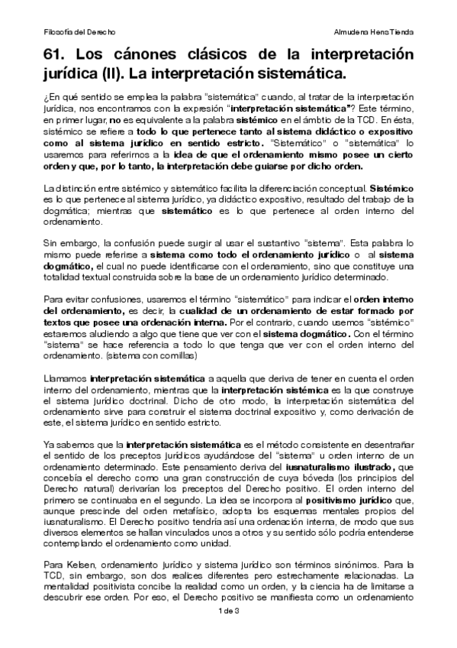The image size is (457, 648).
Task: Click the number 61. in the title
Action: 60,56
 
